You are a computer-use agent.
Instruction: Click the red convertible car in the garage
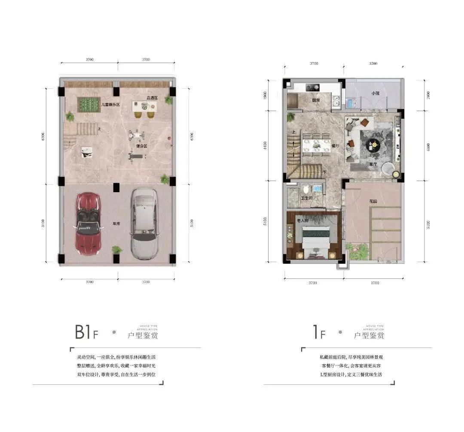click(88, 224)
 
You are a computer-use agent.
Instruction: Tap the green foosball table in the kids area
click(89, 104)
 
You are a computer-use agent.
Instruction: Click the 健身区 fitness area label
click(142, 146)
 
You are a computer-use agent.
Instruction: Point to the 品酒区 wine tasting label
click(152, 98)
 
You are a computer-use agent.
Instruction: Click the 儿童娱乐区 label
click(110, 104)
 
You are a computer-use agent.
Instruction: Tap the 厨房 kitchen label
click(316, 100)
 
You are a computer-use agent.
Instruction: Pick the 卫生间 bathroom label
click(306, 198)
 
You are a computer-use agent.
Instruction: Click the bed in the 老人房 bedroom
click(315, 239)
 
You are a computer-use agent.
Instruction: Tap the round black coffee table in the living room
click(373, 145)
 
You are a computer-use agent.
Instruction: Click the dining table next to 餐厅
click(316, 143)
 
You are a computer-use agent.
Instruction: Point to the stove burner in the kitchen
click(312, 87)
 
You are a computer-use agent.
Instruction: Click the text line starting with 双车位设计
click(116, 374)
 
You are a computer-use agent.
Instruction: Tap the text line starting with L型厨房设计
click(351, 374)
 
